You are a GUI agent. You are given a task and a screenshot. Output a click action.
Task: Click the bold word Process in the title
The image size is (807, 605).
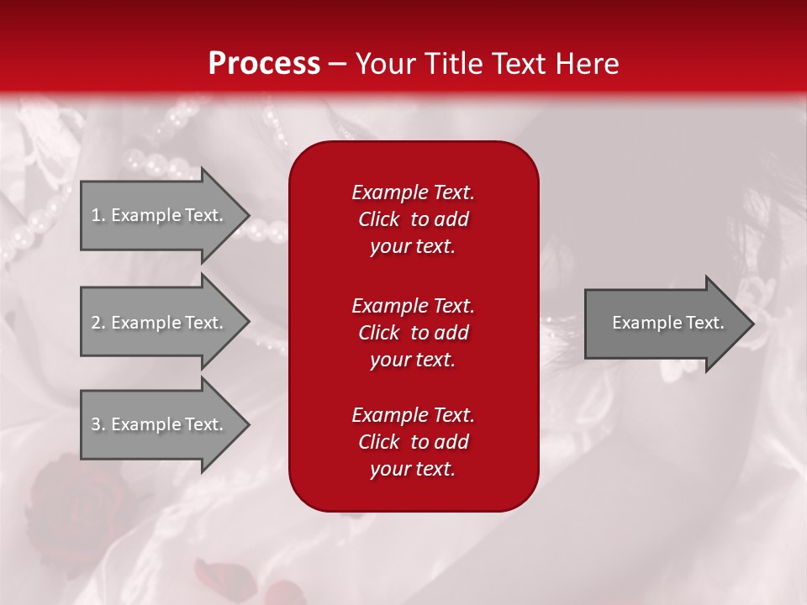(x=264, y=64)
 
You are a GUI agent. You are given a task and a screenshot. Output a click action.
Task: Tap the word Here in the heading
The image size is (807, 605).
(x=588, y=64)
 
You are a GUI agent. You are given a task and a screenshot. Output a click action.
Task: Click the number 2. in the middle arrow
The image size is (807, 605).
(x=98, y=323)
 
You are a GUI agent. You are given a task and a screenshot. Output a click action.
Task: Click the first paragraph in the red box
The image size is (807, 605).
(x=413, y=219)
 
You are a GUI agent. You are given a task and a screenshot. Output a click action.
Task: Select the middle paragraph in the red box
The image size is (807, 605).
(x=413, y=333)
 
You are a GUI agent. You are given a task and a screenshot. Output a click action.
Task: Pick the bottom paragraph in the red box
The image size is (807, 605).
(x=413, y=442)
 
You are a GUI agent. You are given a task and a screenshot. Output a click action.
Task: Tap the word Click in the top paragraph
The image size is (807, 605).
(x=379, y=220)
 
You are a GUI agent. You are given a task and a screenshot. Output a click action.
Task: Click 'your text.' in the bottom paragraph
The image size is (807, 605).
(x=413, y=470)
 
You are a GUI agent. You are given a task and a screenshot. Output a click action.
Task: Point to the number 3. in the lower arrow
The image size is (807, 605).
(x=98, y=424)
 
